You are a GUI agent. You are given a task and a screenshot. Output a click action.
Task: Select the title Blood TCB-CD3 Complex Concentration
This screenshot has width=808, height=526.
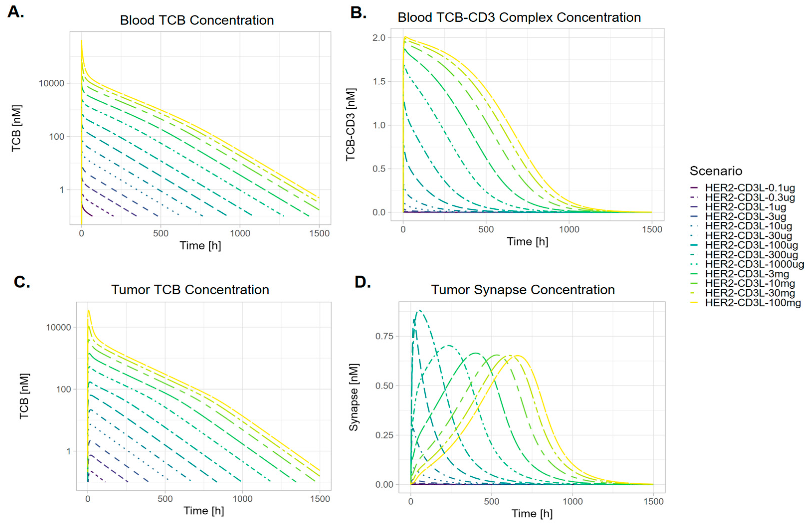[x=519, y=17]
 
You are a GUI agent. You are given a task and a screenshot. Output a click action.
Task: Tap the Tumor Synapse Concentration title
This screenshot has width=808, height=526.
[x=523, y=289]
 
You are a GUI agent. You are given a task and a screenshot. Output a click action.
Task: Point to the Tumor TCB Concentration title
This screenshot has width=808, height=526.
[x=190, y=289]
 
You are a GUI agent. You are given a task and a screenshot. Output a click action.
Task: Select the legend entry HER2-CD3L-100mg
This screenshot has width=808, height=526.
[x=753, y=302]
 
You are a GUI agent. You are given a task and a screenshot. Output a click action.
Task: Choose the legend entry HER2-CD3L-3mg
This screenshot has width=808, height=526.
[x=747, y=273]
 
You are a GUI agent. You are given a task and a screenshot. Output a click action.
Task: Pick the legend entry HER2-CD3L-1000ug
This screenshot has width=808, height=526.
[x=754, y=264]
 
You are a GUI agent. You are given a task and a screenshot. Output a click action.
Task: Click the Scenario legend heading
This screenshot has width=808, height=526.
[x=716, y=171]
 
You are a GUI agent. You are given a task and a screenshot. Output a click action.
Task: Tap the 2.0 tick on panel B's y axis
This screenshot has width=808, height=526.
[x=379, y=38]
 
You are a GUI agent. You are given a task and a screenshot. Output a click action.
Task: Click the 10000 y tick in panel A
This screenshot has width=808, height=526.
[x=51, y=83]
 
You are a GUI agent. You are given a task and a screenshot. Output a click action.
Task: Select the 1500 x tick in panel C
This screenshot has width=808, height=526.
[x=320, y=499]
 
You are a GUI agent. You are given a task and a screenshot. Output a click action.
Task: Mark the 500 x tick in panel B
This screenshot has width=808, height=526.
[x=486, y=229]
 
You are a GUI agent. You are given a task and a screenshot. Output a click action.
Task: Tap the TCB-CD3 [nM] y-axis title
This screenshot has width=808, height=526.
[x=350, y=125]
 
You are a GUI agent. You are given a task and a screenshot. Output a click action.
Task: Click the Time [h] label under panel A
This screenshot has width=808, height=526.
[x=200, y=245]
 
